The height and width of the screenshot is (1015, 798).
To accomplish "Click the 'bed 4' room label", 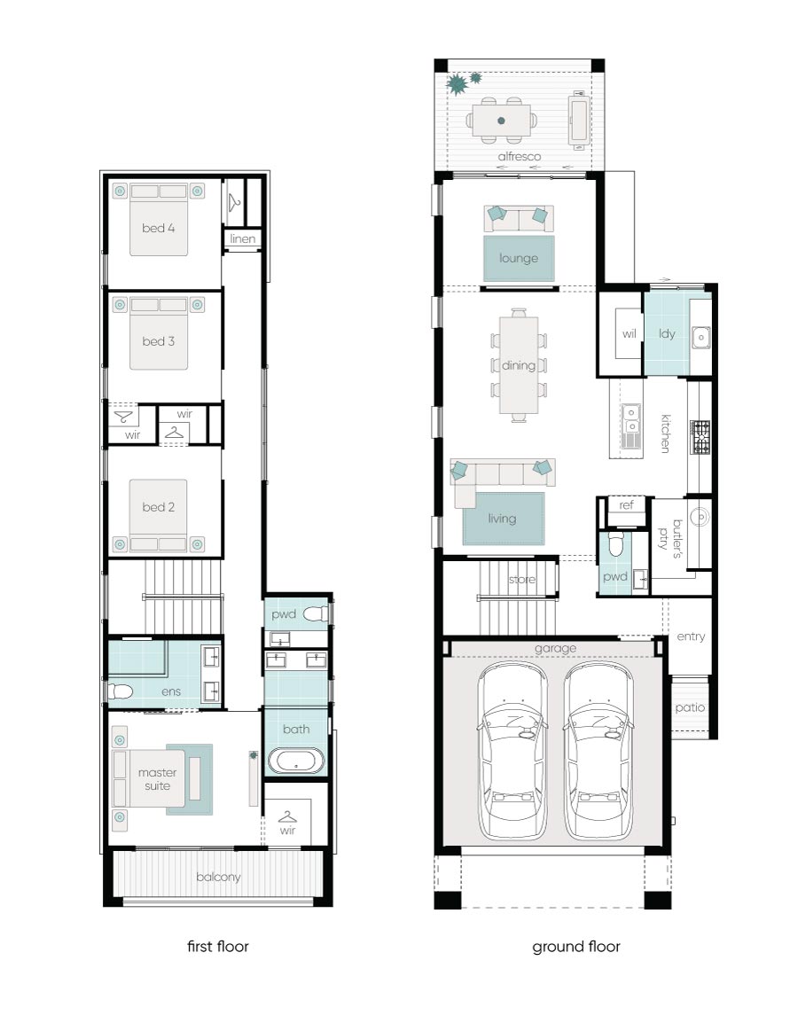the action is tap(158, 228).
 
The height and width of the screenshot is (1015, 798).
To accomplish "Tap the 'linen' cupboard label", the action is tap(242, 238).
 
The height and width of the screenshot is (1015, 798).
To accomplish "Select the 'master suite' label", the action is tap(158, 778).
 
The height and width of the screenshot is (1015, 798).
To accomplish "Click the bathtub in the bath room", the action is tap(296, 761).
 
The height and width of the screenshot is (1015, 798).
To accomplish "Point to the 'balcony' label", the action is tap(218, 877).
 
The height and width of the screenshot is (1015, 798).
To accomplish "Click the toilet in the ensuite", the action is tap(121, 691).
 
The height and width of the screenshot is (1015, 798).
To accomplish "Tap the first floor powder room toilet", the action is tap(316, 613).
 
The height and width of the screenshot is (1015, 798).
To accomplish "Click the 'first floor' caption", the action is tap(217, 947).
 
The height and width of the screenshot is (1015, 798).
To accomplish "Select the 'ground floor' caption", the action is tap(575, 947).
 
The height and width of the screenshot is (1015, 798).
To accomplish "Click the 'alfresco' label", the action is tap(519, 156).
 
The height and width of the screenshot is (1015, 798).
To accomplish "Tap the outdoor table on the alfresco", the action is tap(501, 121).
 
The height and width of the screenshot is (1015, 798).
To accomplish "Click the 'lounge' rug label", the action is tap(518, 258).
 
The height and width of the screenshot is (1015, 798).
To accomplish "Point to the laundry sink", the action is tap(700, 337).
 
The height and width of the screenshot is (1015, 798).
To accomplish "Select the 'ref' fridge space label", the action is tap(626, 505).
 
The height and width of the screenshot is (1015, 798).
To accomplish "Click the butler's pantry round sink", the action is tap(699, 518).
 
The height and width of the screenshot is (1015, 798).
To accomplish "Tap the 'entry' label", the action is tap(691, 636).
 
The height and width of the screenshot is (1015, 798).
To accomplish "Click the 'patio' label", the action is tap(690, 707).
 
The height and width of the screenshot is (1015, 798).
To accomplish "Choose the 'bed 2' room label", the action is tap(158, 507).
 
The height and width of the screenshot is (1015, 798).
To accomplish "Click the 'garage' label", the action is tap(555, 648).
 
